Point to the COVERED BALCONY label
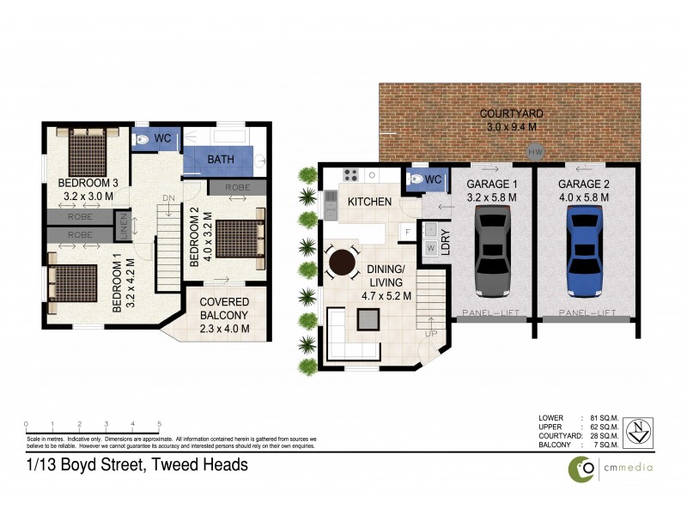click(224, 308)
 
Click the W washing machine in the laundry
click(430, 248)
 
